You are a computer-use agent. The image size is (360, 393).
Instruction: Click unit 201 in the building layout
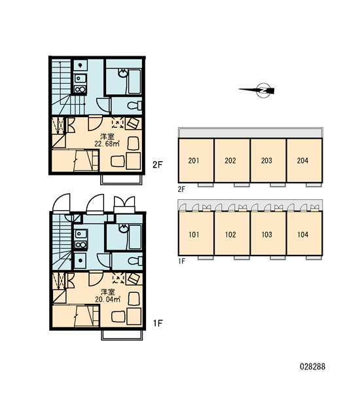coord(196,160)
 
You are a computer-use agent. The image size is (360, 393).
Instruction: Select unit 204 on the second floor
coord(304,160)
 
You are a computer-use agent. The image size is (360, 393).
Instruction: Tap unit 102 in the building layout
coord(232,234)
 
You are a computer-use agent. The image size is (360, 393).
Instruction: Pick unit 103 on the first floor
coord(268,234)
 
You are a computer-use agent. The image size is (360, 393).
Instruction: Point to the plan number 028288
coord(312,367)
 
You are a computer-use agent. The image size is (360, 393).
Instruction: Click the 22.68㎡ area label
coord(107,144)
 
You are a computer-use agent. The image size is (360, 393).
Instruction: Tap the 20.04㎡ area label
coord(107,299)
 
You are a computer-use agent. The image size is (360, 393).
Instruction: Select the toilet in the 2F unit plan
coord(135,105)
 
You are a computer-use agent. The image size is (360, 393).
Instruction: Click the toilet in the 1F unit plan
coord(135,261)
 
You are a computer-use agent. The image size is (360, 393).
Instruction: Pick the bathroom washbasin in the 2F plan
coord(123,73)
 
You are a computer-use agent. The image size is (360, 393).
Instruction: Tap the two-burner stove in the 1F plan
coord(81,245)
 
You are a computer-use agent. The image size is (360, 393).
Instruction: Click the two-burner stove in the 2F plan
coord(80,90)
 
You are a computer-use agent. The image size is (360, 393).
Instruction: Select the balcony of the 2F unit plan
coord(121,179)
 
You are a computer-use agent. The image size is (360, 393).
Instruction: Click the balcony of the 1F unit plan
coord(122,335)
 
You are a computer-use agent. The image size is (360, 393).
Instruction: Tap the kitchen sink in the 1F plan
coord(81,234)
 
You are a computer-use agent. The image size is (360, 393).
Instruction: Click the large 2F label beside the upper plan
coord(158,164)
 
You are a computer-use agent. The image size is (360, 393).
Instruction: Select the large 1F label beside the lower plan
coord(158,323)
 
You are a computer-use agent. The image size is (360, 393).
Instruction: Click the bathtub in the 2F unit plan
coord(135,81)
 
